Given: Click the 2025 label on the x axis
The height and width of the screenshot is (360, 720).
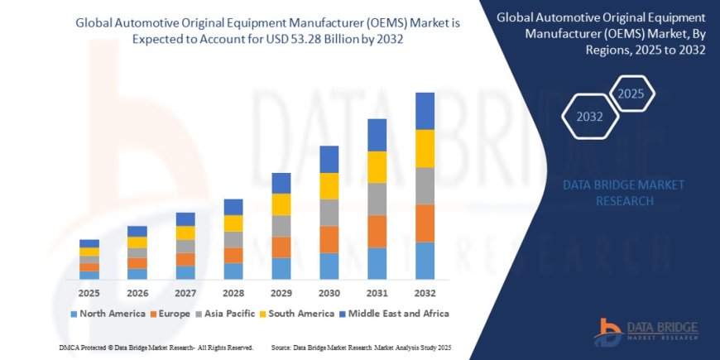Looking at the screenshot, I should tap(89, 293).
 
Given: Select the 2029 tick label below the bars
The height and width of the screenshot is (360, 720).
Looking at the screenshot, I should tap(281, 293).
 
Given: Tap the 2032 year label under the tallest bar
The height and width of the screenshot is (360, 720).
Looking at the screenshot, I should tap(425, 293).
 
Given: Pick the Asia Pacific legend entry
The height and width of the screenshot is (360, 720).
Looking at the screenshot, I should tap(226, 314).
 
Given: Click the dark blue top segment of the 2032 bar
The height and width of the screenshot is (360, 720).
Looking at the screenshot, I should tap(425, 111).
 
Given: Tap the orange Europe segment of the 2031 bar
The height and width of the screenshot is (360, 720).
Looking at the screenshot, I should tap(377, 231).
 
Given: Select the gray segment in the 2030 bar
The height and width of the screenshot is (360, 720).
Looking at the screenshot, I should tap(329, 212).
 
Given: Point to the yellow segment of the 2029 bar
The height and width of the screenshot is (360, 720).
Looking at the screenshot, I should tap(281, 204).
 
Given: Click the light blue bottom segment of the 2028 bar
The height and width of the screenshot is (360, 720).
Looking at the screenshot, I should tap(233, 271).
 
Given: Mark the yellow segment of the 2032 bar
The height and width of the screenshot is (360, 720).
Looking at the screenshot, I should tap(425, 148).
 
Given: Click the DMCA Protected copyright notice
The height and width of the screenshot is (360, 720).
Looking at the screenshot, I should tap(157, 348).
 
